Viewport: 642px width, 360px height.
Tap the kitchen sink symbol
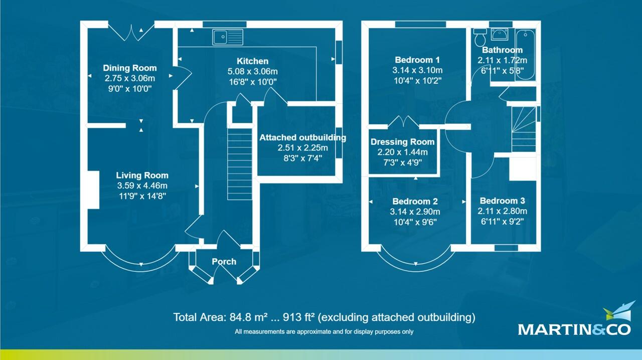(227, 37)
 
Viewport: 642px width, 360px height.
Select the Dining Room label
(130, 68)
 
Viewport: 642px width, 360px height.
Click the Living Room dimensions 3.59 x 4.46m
(142, 186)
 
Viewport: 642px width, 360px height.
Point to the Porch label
(224, 262)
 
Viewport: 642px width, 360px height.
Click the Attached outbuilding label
(302, 137)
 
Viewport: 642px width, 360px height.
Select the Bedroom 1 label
(417, 60)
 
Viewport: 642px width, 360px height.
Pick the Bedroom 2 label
(415, 202)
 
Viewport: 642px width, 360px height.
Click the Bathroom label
(502, 50)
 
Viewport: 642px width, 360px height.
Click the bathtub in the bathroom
(526, 51)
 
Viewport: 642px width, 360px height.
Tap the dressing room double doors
(404, 122)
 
